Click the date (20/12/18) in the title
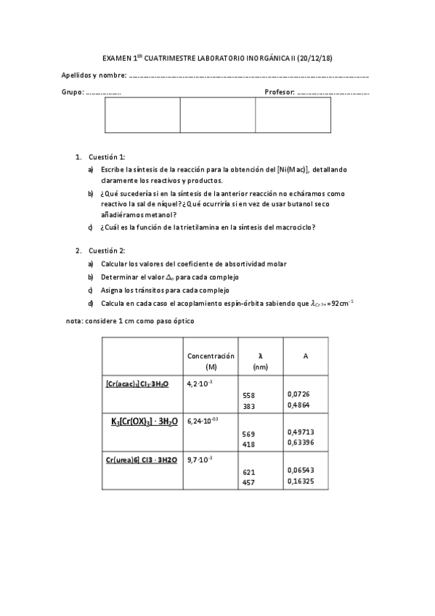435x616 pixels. [314, 58]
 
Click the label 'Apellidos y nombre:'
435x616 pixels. [92, 76]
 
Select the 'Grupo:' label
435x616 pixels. [73, 93]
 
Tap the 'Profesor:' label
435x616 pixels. [280, 93]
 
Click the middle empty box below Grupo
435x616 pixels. [217, 115]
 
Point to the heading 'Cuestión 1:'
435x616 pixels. [107, 157]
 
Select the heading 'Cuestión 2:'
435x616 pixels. [107, 251]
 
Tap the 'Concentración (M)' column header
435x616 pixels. [211, 361]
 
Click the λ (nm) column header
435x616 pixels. [261, 361]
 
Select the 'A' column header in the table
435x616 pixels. [305, 356]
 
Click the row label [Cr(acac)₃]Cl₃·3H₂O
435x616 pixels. [137, 383]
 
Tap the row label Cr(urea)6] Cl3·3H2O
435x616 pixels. [141, 461]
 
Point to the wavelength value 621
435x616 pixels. [248, 471]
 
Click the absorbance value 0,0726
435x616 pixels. [298, 394]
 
